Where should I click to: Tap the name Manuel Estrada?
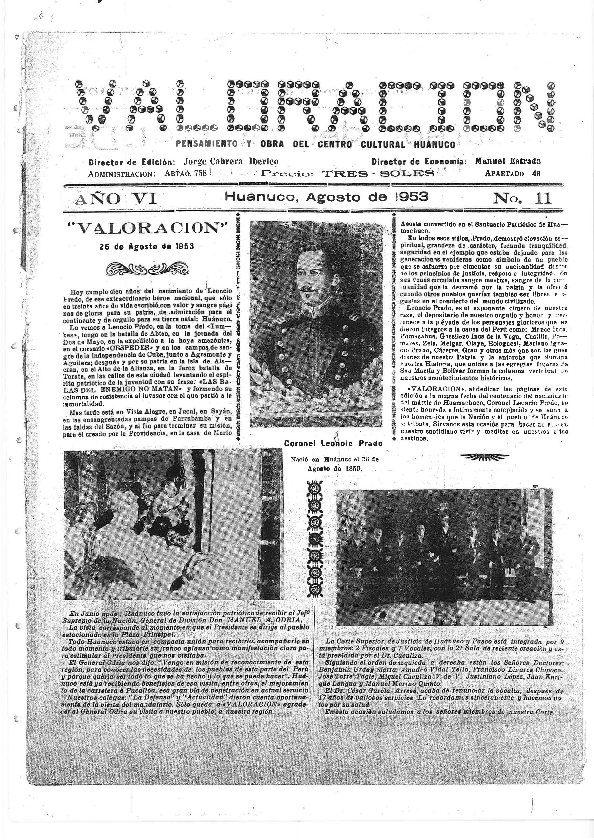coord(508,161)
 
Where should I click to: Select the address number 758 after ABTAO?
coord(201,173)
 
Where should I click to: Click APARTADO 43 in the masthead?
coord(512,173)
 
